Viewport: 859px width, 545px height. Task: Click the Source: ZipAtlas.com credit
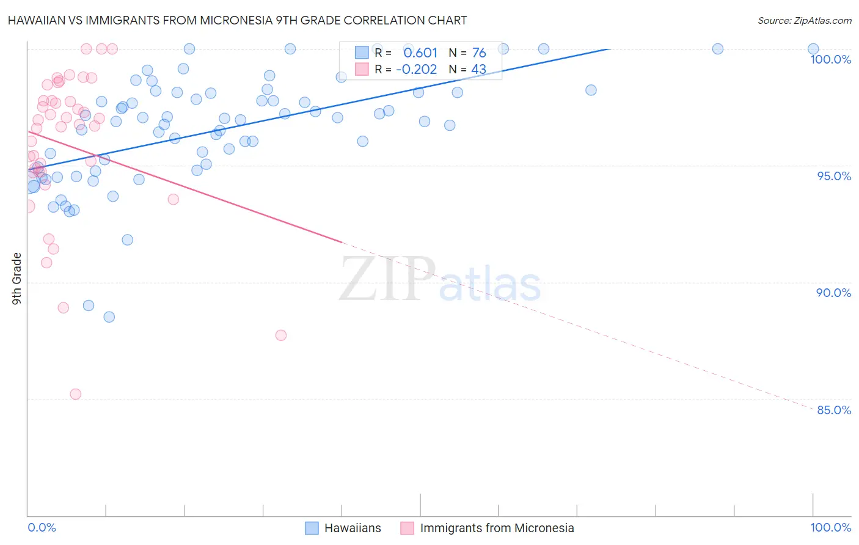coord(804,20)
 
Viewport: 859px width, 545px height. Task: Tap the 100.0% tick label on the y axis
coord(830,59)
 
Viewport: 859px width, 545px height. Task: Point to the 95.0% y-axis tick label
coord(834,176)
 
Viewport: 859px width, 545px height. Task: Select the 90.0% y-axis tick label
coord(833,293)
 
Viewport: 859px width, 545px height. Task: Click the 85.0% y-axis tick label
coord(834,410)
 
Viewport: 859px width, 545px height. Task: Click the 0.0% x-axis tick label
coord(42,527)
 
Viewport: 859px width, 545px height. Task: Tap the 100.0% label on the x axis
coord(830,527)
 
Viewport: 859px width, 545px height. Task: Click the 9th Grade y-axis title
coord(17,279)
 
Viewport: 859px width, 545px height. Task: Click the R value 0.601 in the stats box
coord(420,53)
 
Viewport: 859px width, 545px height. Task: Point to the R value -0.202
coord(416,69)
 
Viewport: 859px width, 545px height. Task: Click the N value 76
coord(478,53)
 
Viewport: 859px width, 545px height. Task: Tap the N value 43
coord(478,69)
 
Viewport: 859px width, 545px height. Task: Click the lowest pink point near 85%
coord(76,394)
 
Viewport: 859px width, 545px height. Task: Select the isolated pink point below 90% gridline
coord(281,335)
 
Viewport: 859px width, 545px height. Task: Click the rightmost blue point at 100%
coord(813,49)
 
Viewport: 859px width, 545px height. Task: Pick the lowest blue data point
coord(109,316)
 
